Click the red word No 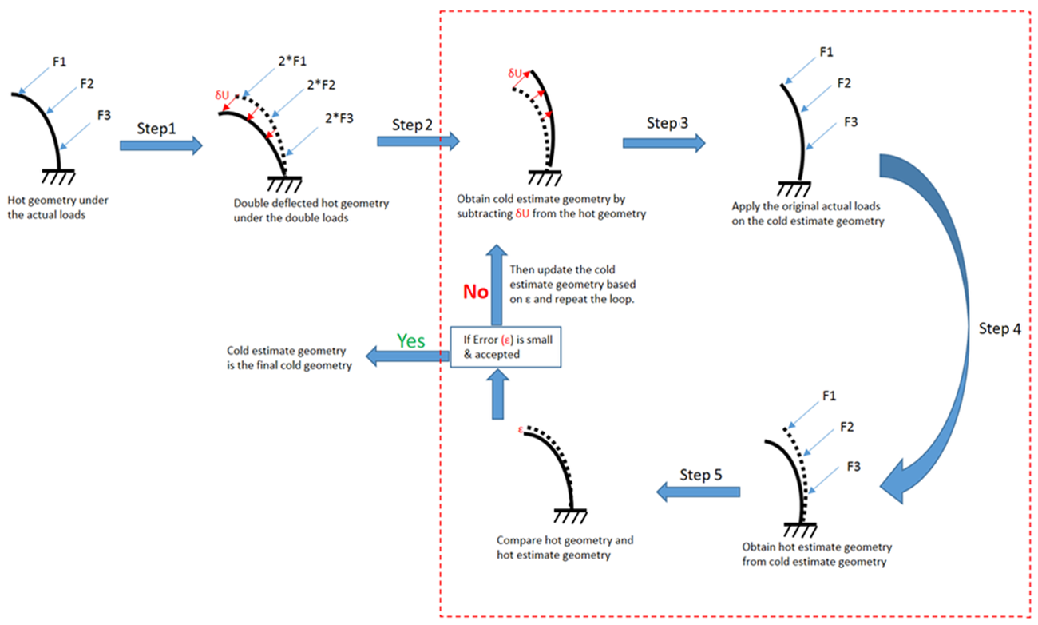point(476,292)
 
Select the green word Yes point(411,341)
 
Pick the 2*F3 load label point(341,117)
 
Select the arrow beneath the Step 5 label point(698,493)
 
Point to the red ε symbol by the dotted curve point(521,429)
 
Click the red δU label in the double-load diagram point(222,94)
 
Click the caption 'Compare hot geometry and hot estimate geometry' point(565,547)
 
